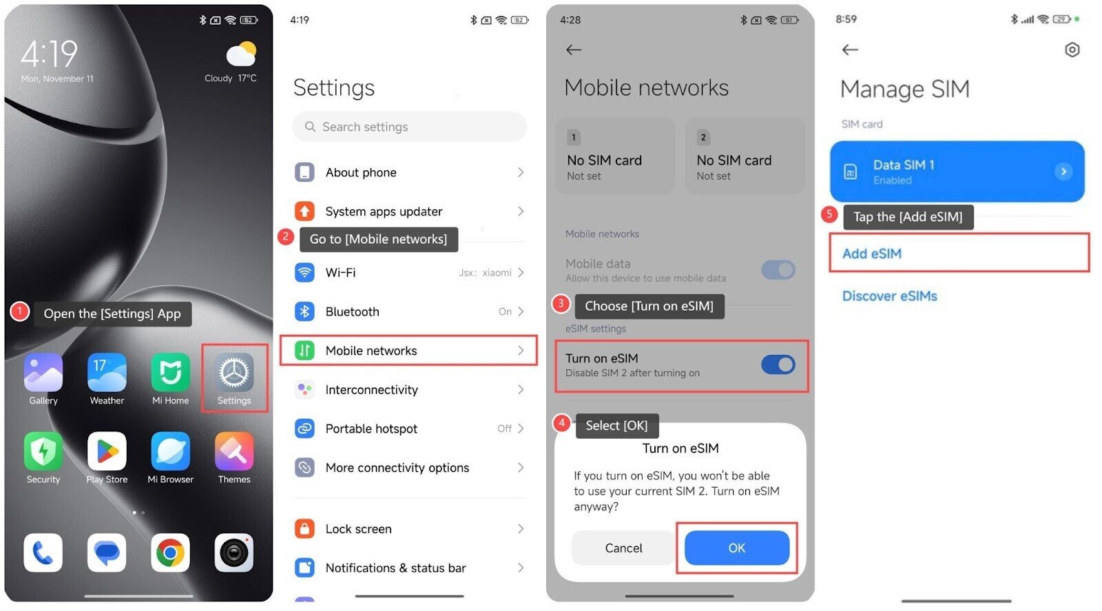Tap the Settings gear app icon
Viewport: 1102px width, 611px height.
234,373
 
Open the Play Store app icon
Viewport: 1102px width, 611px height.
107,451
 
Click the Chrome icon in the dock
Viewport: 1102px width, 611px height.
170,552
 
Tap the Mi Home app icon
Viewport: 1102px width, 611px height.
170,373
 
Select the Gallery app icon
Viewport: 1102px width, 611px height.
43,373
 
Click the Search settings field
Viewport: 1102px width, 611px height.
409,127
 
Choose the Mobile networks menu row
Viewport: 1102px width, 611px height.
408,351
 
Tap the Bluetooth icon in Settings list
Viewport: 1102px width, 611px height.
304,311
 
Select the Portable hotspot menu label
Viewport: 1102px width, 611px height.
371,428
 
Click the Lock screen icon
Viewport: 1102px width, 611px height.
304,528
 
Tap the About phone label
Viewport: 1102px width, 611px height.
361,172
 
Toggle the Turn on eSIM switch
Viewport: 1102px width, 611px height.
778,364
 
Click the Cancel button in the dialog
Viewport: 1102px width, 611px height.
623,548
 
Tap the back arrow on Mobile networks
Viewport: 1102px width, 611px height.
574,50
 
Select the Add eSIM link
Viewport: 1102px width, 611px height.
872,253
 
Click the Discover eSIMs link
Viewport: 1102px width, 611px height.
890,296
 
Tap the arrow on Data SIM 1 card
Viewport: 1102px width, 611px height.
1063,172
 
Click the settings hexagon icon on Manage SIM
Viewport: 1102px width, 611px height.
1072,50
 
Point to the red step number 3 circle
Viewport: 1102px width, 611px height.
561,303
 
